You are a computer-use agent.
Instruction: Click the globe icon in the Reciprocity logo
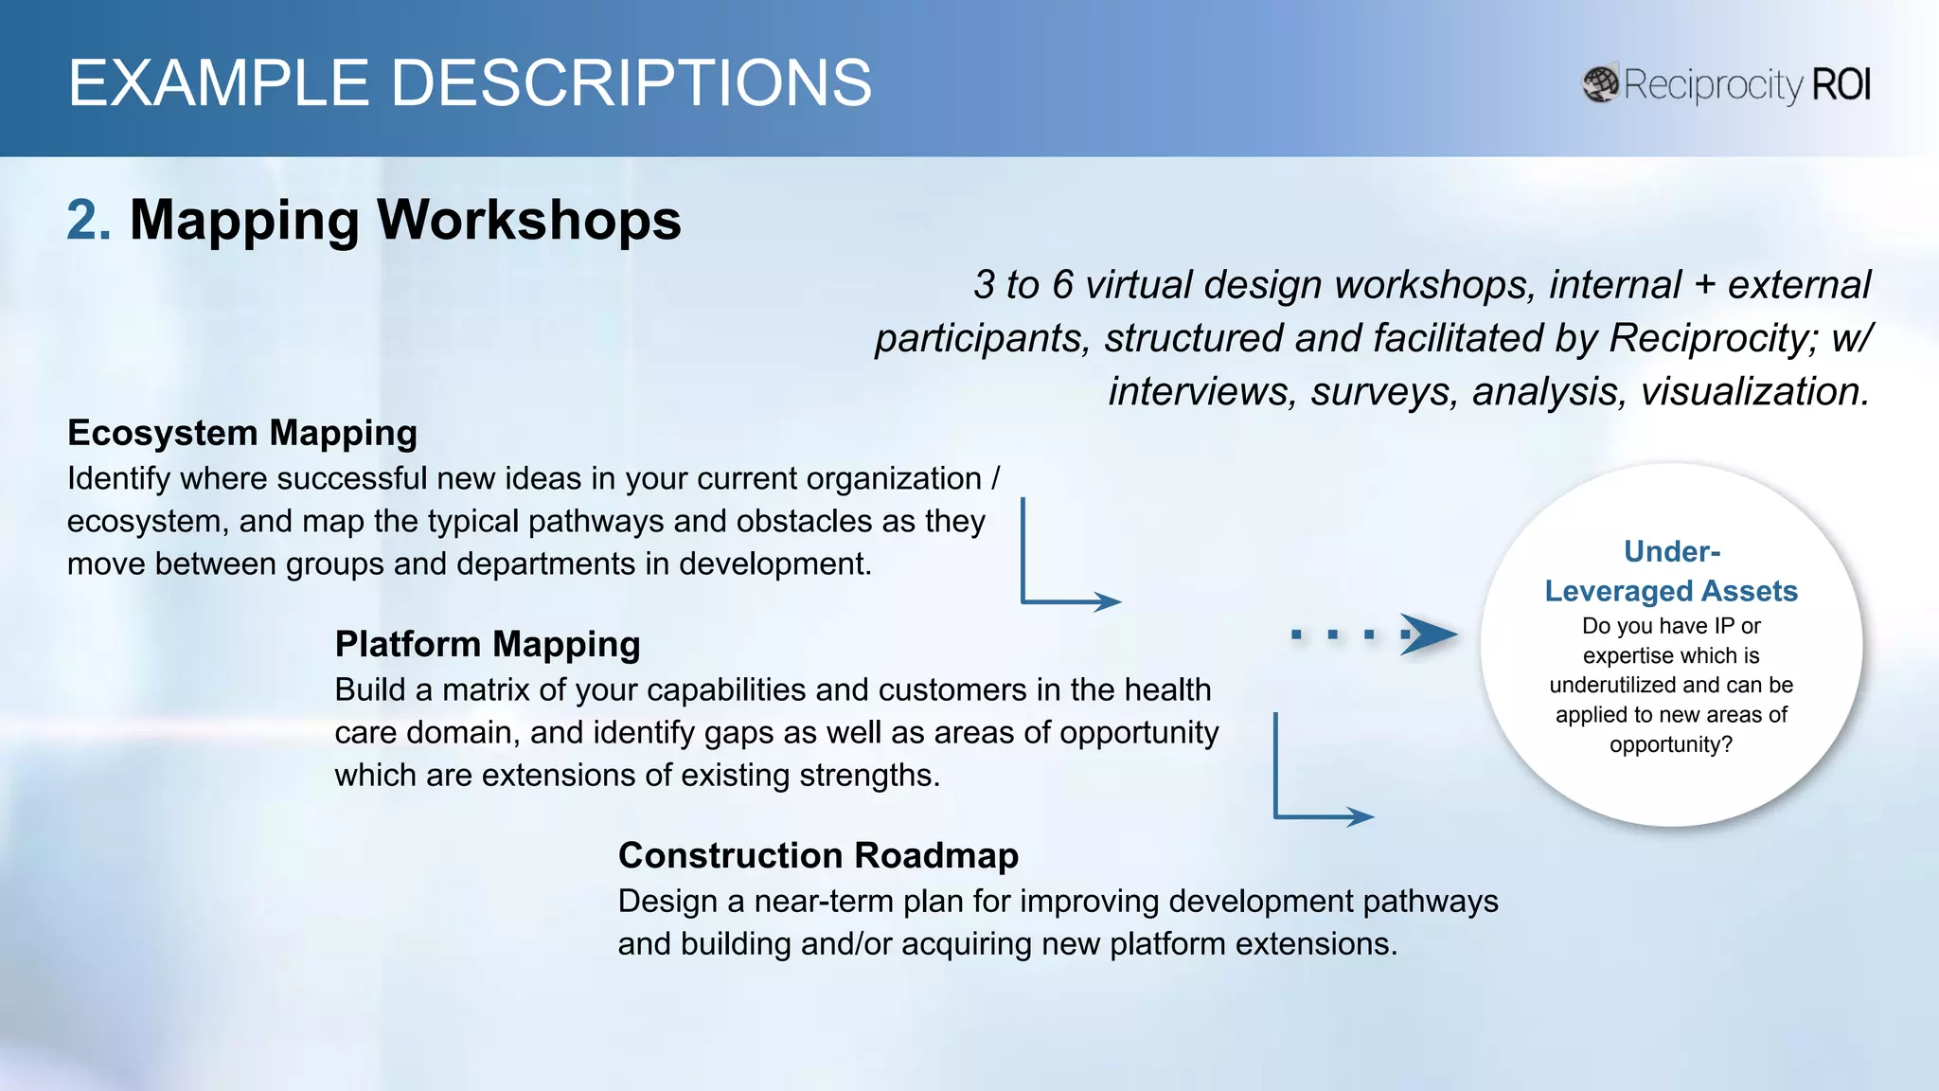[1600, 84]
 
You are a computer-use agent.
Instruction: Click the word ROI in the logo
[1841, 85]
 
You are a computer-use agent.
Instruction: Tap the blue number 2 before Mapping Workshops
[88, 220]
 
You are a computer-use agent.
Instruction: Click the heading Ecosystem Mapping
[242, 433]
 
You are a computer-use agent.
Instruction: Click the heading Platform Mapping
[488, 644]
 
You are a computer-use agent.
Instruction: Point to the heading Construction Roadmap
[818, 855]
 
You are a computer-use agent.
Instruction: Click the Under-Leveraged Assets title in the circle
[1671, 572]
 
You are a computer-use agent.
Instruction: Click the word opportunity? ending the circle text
[1671, 744]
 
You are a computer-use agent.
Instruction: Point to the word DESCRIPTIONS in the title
[631, 83]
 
